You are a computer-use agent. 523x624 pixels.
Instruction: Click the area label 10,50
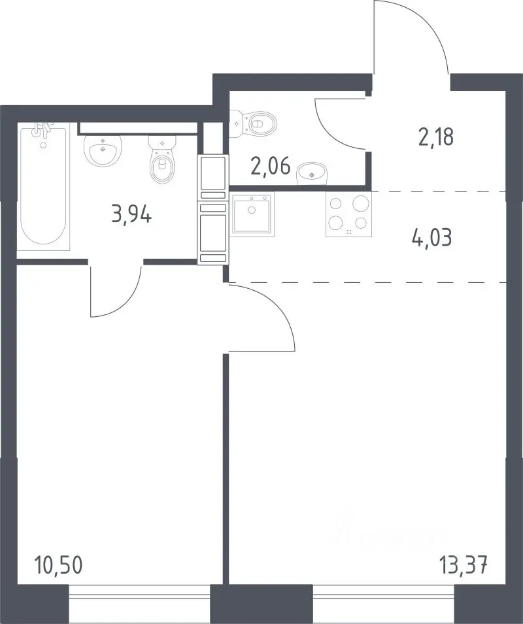[x=59, y=565]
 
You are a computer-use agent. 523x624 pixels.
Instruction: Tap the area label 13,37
[x=464, y=565]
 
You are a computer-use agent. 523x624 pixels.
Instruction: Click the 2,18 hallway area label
[x=436, y=138]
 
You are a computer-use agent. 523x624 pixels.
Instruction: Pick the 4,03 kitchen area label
[x=432, y=238]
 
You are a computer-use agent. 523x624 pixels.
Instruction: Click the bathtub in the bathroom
[x=43, y=186]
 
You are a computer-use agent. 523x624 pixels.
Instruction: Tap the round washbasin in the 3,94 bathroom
[x=103, y=150]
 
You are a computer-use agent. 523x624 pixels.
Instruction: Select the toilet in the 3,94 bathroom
[x=162, y=159]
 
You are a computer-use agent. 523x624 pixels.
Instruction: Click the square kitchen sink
[x=252, y=215]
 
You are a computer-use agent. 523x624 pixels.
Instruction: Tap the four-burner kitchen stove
[x=348, y=214]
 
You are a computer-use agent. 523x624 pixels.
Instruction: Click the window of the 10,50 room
[x=139, y=598]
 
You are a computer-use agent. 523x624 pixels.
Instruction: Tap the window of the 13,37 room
[x=384, y=598]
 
